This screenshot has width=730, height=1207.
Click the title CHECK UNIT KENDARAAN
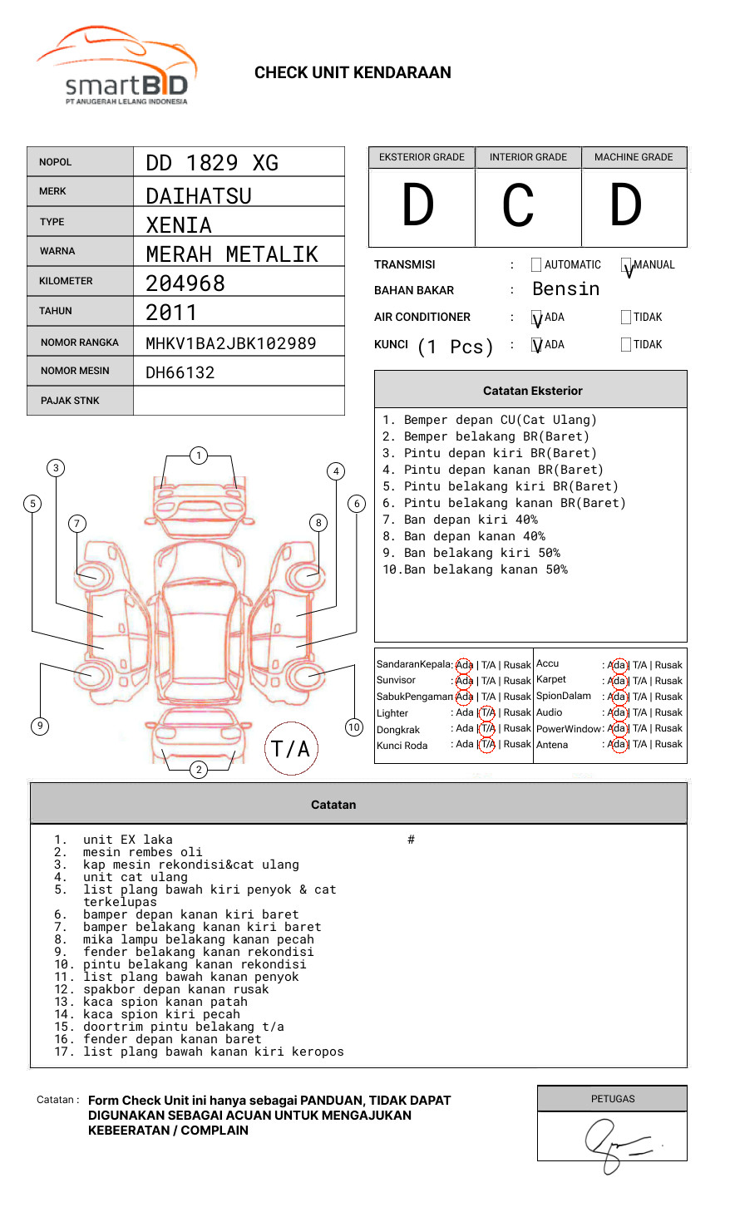click(x=353, y=73)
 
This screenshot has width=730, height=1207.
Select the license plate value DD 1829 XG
click(x=212, y=163)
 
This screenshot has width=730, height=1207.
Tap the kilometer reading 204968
click(x=185, y=283)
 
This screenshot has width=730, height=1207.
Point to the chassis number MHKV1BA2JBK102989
click(x=230, y=343)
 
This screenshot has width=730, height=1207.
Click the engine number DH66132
click(x=180, y=372)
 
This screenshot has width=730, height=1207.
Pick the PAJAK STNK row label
click(x=70, y=401)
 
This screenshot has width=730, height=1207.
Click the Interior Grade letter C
click(x=518, y=206)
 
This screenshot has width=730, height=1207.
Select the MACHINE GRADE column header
click(x=634, y=157)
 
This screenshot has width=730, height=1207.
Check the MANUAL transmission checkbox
click(x=626, y=265)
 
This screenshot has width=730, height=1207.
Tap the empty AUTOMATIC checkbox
click(x=536, y=265)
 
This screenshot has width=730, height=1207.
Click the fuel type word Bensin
click(x=565, y=289)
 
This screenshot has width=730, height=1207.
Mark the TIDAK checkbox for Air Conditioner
click(x=626, y=317)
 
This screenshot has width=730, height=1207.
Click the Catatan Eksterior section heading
click(x=532, y=391)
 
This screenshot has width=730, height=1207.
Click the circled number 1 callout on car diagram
click(x=198, y=455)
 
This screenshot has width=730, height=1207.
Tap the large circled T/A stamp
click(x=291, y=748)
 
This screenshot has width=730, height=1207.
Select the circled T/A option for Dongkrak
click(x=487, y=728)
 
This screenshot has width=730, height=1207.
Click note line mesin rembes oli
click(x=142, y=852)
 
